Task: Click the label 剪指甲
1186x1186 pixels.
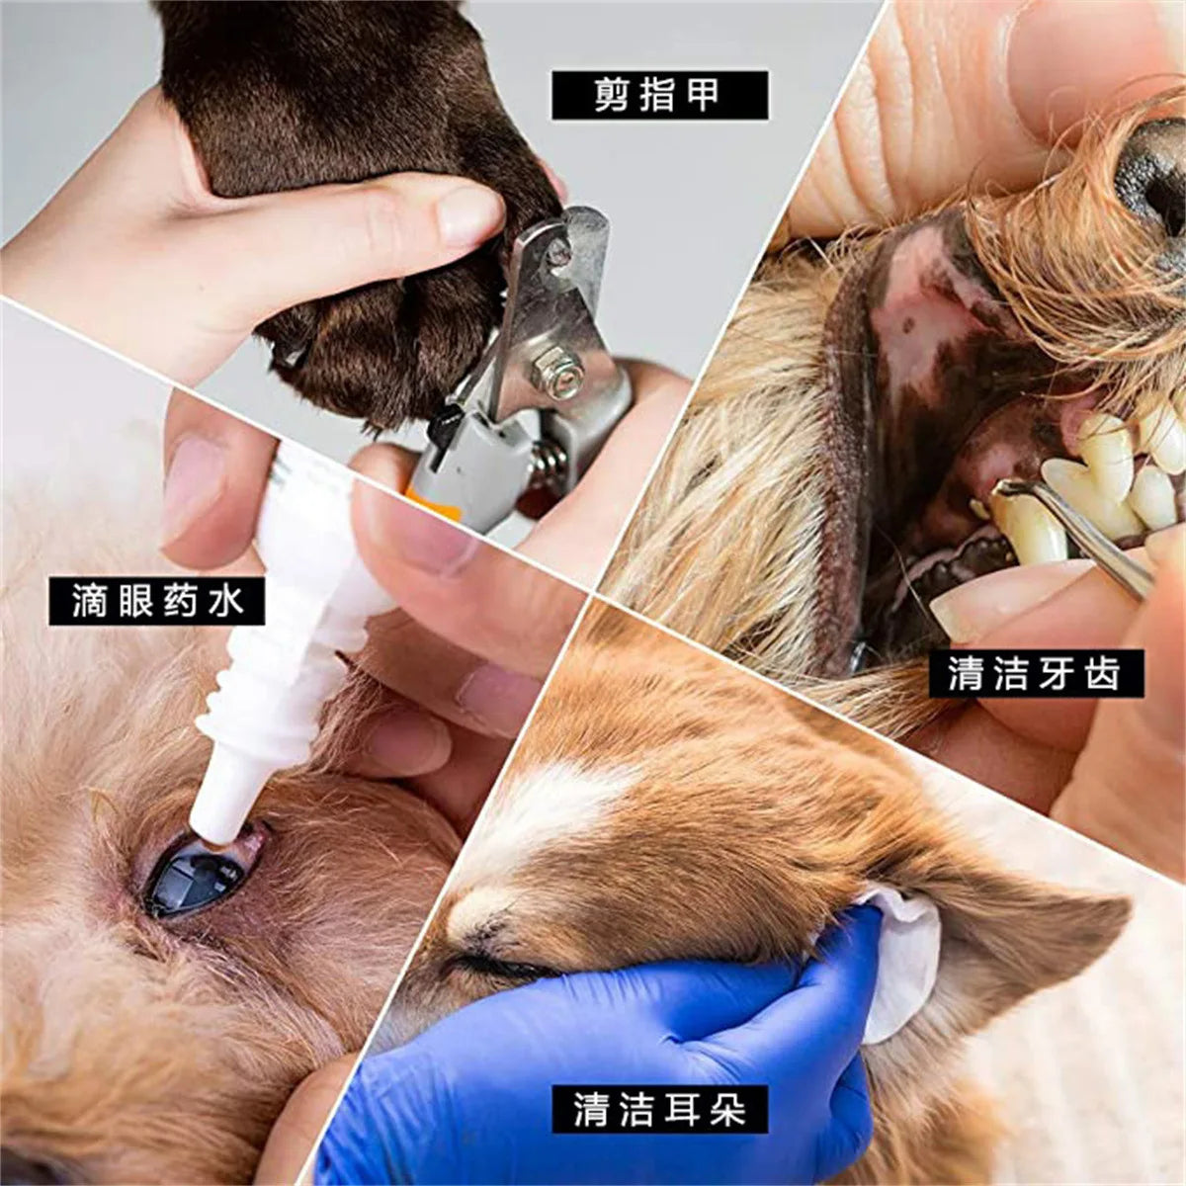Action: [x=659, y=96]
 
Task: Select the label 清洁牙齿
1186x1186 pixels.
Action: [x=1035, y=674]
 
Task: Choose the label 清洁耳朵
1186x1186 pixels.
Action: [x=659, y=1109]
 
